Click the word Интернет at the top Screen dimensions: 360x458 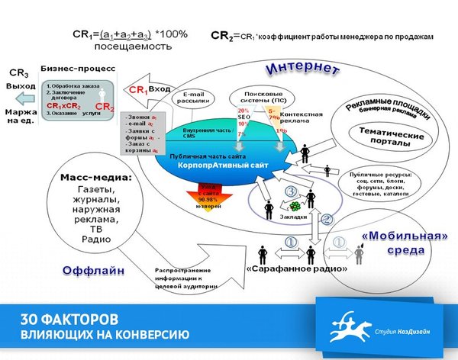[x=302, y=68]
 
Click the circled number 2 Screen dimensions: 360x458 [x=327, y=220]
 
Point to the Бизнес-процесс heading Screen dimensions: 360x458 [x=77, y=68]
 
